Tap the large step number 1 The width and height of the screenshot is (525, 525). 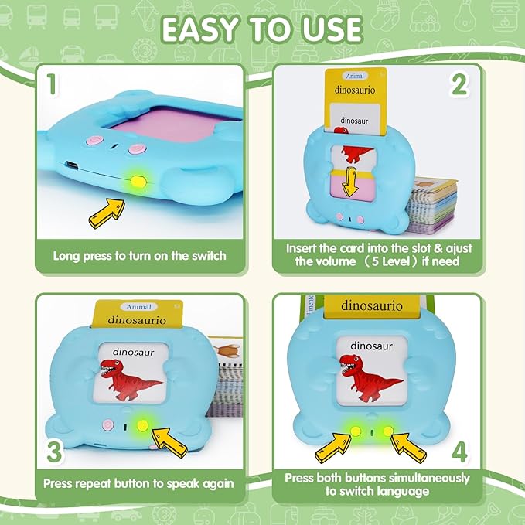tap(50, 84)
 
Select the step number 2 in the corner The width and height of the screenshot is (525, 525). tap(461, 84)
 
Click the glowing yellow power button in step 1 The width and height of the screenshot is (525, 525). tap(139, 182)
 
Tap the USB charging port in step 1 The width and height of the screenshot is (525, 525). tap(71, 165)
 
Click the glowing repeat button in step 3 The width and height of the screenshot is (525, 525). tap(141, 425)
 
